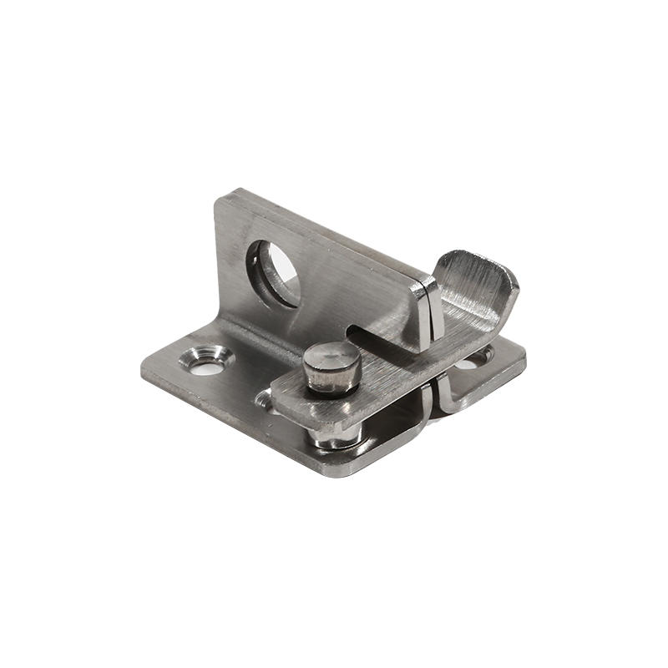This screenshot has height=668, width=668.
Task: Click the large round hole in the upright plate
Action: pos(275,271)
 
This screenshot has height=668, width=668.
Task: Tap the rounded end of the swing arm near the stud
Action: pos(284,401)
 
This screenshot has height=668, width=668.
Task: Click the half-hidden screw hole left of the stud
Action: pos(265,401)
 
